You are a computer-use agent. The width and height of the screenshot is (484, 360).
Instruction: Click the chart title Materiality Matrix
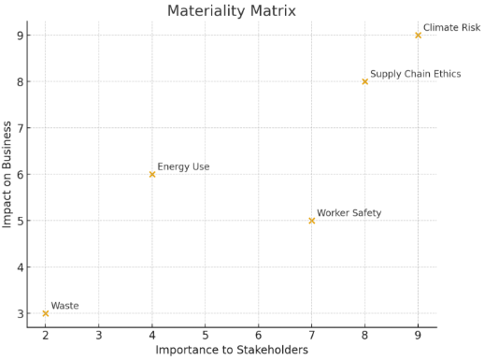point(231,11)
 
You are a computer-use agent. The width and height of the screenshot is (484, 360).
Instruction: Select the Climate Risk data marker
point(418,36)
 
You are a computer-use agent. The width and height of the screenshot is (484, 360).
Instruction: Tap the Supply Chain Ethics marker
point(364,81)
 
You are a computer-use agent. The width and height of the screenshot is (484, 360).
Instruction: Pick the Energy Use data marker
point(152,174)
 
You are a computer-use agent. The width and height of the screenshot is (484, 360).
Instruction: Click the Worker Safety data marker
point(312,221)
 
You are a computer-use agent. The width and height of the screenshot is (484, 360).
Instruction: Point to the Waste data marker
point(46,313)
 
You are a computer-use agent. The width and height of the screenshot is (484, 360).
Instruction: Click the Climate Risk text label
point(451,28)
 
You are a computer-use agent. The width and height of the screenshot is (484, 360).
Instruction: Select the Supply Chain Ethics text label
point(415,74)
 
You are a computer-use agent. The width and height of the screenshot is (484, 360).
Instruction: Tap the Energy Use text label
point(183,167)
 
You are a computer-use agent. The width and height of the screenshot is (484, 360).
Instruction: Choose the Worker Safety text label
point(349,213)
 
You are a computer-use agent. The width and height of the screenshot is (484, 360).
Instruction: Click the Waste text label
point(64,306)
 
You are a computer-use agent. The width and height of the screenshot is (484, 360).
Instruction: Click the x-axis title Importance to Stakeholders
point(231,351)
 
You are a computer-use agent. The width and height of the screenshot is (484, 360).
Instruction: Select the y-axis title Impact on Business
point(8,174)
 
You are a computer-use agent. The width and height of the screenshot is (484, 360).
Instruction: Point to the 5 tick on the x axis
point(206,335)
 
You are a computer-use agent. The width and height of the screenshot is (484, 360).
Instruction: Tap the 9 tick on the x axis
point(418,335)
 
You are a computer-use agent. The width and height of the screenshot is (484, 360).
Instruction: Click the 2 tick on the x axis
point(46,335)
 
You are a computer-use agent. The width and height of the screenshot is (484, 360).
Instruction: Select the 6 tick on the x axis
point(259,335)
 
